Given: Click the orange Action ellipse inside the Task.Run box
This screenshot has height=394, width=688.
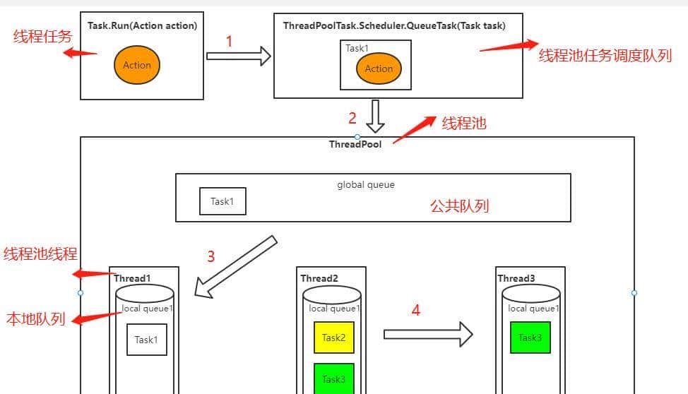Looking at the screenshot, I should pyautogui.click(x=137, y=65).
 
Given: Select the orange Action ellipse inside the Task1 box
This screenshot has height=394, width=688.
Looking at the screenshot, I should pyautogui.click(x=379, y=68).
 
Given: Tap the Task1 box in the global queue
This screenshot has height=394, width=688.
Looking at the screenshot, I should pyautogui.click(x=222, y=201).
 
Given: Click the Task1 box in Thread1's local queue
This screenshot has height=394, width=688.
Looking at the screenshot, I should pyautogui.click(x=146, y=340).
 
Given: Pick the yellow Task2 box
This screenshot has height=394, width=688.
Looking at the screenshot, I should pyautogui.click(x=333, y=338).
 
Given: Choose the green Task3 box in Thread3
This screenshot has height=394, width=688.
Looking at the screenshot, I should pyautogui.click(x=530, y=338).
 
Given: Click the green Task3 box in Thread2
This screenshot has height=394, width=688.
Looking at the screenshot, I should pyautogui.click(x=333, y=378).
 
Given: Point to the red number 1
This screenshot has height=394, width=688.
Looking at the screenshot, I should pyautogui.click(x=229, y=42).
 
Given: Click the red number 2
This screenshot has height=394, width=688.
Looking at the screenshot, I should pyautogui.click(x=352, y=118).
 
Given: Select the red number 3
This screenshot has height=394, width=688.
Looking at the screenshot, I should pyautogui.click(x=210, y=256).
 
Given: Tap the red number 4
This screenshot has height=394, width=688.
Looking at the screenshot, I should pyautogui.click(x=416, y=310).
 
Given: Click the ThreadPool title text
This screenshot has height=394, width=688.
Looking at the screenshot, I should pyautogui.click(x=355, y=144).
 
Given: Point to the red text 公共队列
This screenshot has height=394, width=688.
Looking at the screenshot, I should pyautogui.click(x=460, y=206).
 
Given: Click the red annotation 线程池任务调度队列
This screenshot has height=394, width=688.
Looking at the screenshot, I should pyautogui.click(x=605, y=56).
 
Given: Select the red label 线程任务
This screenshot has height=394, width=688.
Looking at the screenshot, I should pyautogui.click(x=42, y=37).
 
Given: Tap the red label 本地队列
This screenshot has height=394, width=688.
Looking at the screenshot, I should pyautogui.click(x=35, y=319).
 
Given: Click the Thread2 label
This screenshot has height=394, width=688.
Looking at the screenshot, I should pyautogui.click(x=319, y=278).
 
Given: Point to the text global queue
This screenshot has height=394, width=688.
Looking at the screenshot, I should pyautogui.click(x=366, y=184).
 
